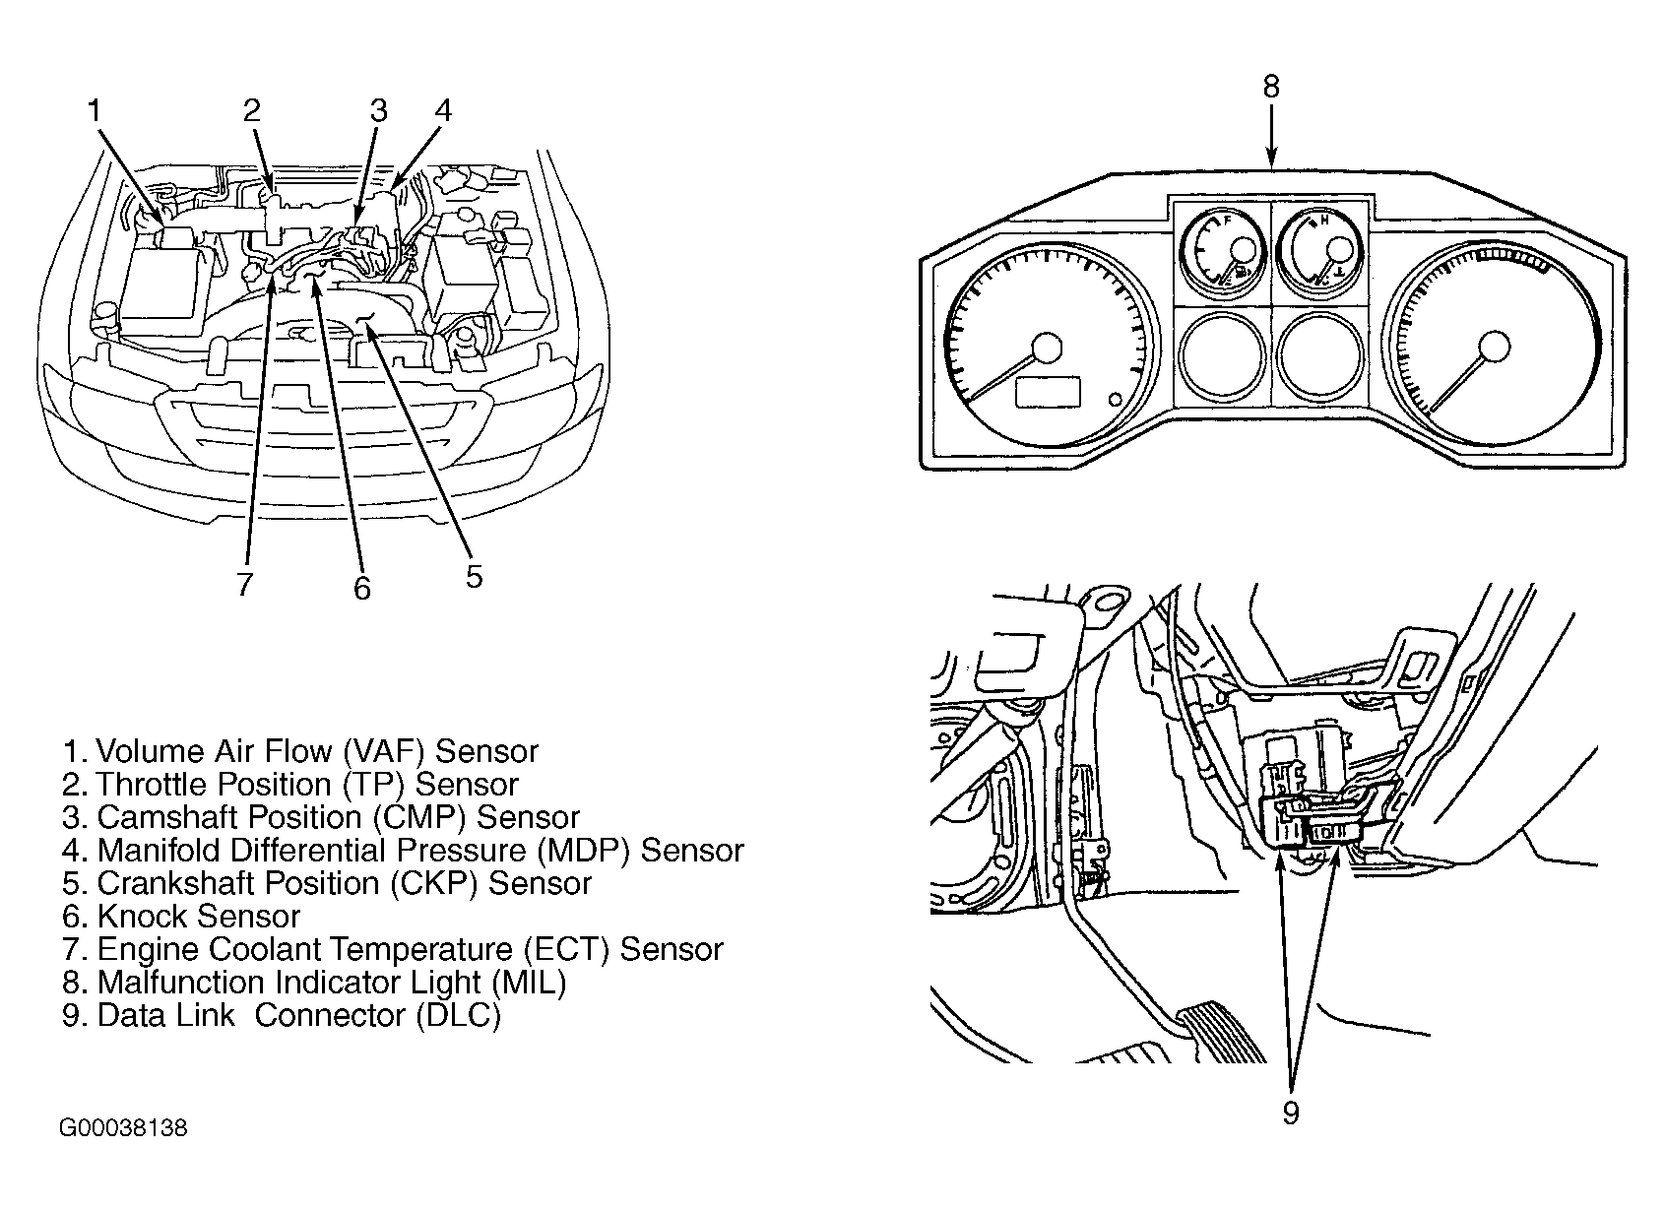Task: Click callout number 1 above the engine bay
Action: [94, 110]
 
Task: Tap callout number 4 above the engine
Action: [443, 110]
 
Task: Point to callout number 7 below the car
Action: [245, 584]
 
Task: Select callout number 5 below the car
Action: [475, 577]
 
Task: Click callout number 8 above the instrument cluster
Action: [1271, 87]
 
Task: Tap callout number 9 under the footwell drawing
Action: [1291, 1113]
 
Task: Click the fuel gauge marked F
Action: [1222, 251]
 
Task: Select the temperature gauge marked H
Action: [1320, 251]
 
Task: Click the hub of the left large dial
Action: [1048, 348]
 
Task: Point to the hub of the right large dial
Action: [1494, 348]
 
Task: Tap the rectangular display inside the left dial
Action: [1048, 392]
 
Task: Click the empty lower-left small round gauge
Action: [1222, 356]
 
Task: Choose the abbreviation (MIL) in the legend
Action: [529, 983]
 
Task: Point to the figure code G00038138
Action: [123, 1128]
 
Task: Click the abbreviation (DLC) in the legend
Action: [459, 1015]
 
